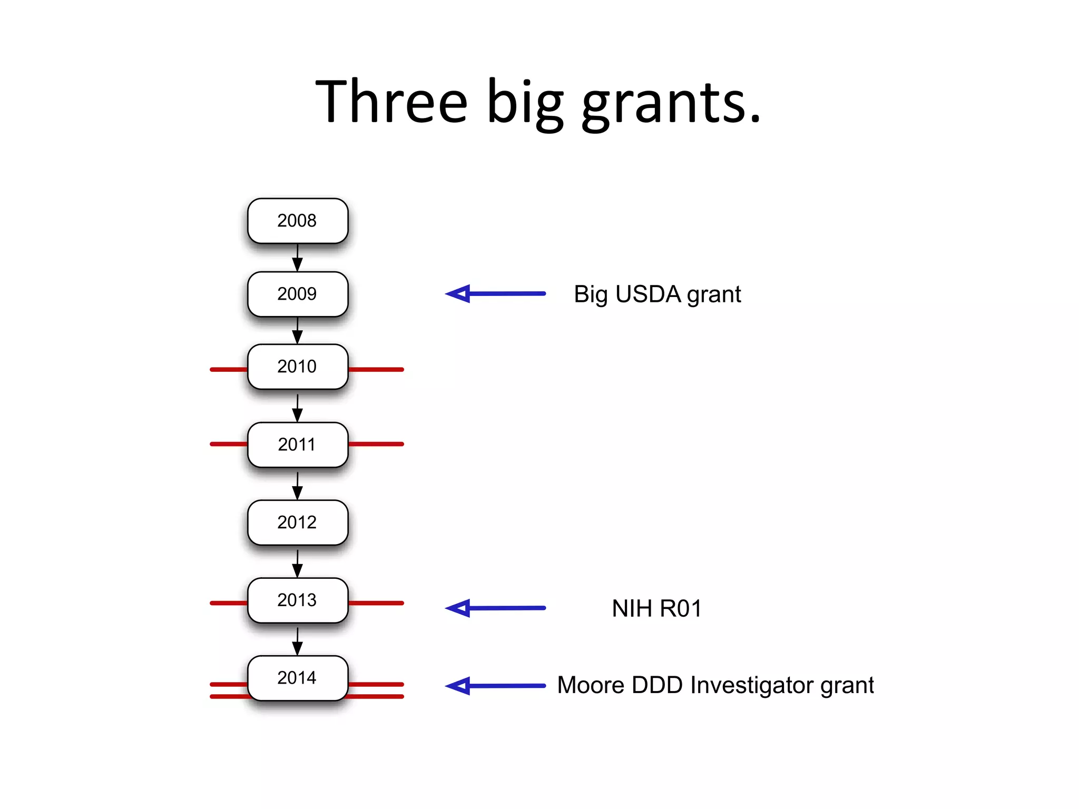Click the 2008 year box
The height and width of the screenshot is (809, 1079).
click(298, 221)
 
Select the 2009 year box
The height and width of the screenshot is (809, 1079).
click(298, 294)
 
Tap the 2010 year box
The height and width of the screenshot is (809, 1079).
click(298, 367)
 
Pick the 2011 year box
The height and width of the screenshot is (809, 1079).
click(298, 445)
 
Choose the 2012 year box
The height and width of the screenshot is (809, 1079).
click(298, 522)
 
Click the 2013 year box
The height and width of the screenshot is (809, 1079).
click(298, 600)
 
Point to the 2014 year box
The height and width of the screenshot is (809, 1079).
click(298, 678)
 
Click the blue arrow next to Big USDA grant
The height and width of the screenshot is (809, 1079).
click(495, 293)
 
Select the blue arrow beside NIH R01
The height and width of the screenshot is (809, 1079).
click(495, 608)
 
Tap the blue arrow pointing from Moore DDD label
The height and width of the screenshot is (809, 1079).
click(495, 686)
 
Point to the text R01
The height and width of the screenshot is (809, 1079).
click(681, 608)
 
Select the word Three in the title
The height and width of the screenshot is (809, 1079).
click(391, 101)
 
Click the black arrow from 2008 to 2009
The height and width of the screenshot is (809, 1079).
click(298, 258)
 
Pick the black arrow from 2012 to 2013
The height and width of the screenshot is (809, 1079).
click(298, 564)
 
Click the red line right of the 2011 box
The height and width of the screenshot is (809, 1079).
click(376, 444)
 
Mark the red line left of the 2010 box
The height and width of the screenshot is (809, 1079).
click(229, 369)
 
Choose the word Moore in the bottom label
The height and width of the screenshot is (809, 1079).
click(591, 686)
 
